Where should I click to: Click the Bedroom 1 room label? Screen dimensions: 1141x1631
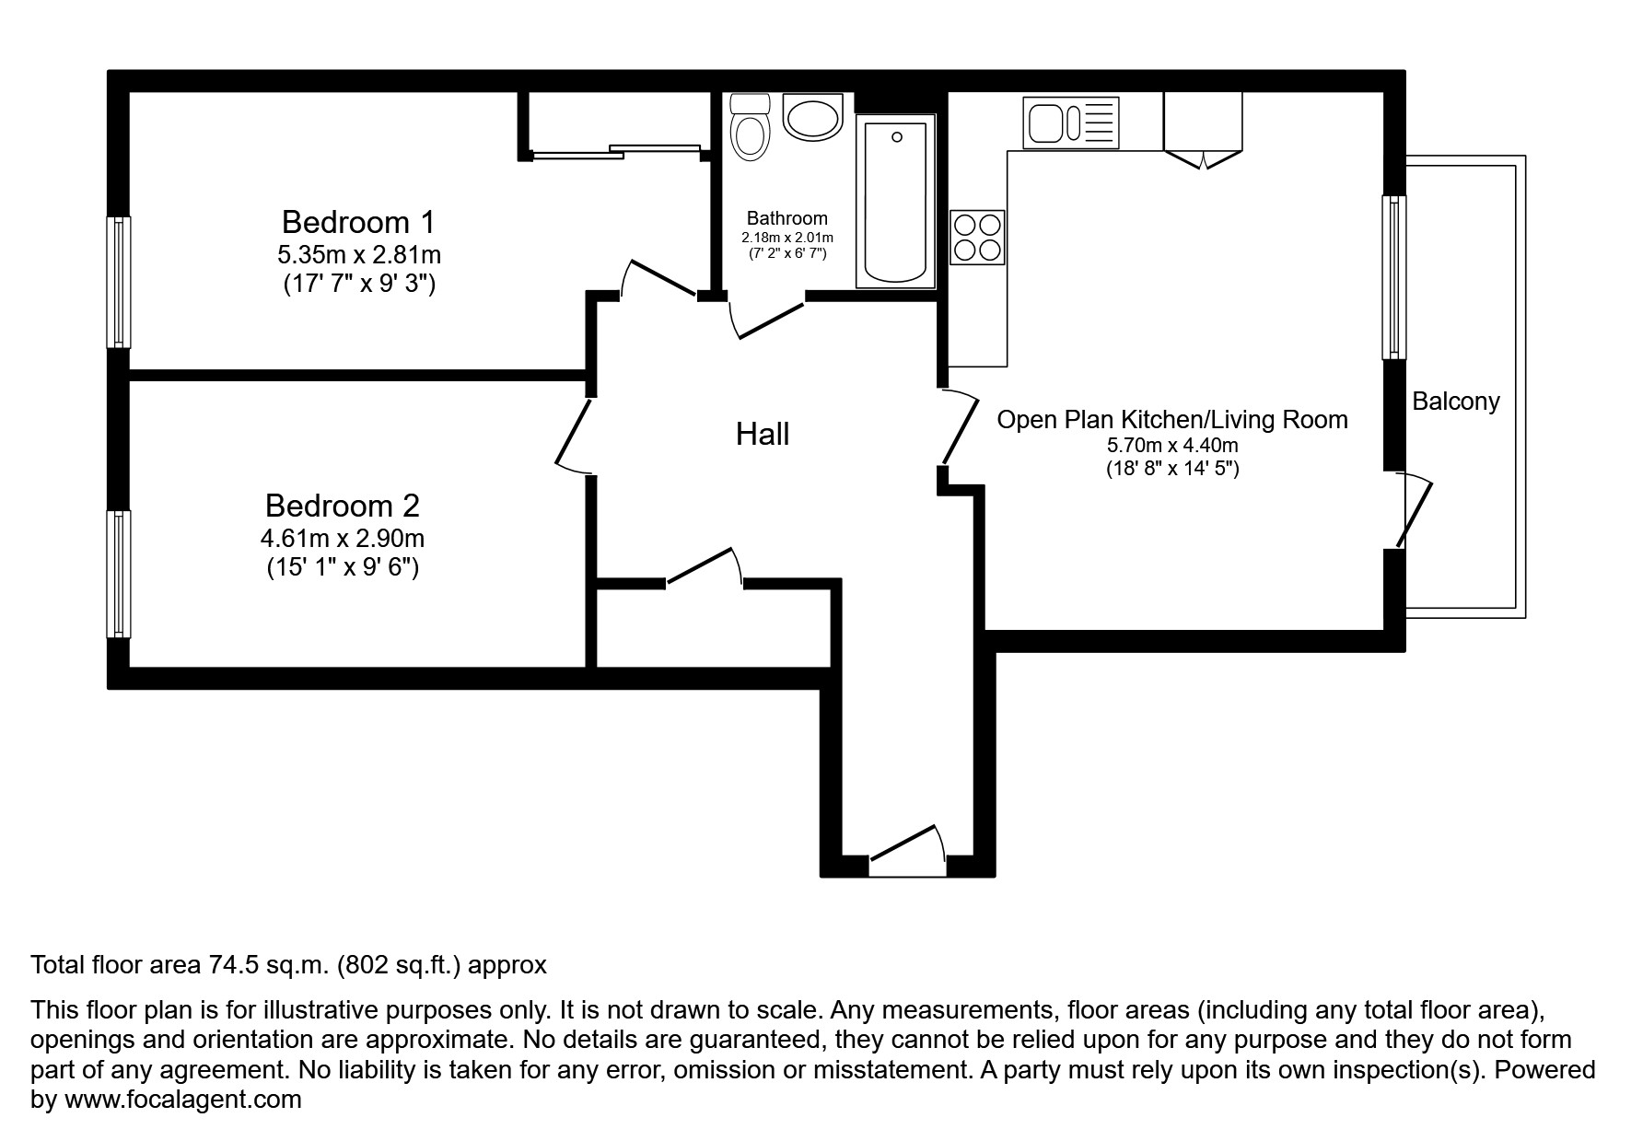tap(357, 222)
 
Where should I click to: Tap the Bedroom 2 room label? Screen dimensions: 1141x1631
tap(342, 506)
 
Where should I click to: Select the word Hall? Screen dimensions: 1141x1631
tap(762, 435)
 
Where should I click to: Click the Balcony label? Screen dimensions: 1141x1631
tap(1455, 402)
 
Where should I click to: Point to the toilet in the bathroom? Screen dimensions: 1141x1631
tap(750, 130)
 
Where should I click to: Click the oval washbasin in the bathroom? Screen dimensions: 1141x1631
tap(812, 117)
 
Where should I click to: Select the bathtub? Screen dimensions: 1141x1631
tap(895, 201)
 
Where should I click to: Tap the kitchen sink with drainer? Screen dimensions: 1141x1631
tap(1070, 123)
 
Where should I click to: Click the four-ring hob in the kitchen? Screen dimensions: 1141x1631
tap(976, 237)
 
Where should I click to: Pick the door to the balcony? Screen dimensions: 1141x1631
tap(1415, 512)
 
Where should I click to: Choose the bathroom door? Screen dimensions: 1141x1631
tap(769, 319)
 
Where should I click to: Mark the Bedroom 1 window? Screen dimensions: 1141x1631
tap(119, 282)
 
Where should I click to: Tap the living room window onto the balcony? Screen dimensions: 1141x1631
tap(1394, 276)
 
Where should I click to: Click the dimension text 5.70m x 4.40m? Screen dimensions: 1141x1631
tap(1171, 446)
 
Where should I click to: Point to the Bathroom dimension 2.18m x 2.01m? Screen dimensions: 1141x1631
tap(786, 238)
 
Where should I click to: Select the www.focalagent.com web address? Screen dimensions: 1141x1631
tap(182, 1100)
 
